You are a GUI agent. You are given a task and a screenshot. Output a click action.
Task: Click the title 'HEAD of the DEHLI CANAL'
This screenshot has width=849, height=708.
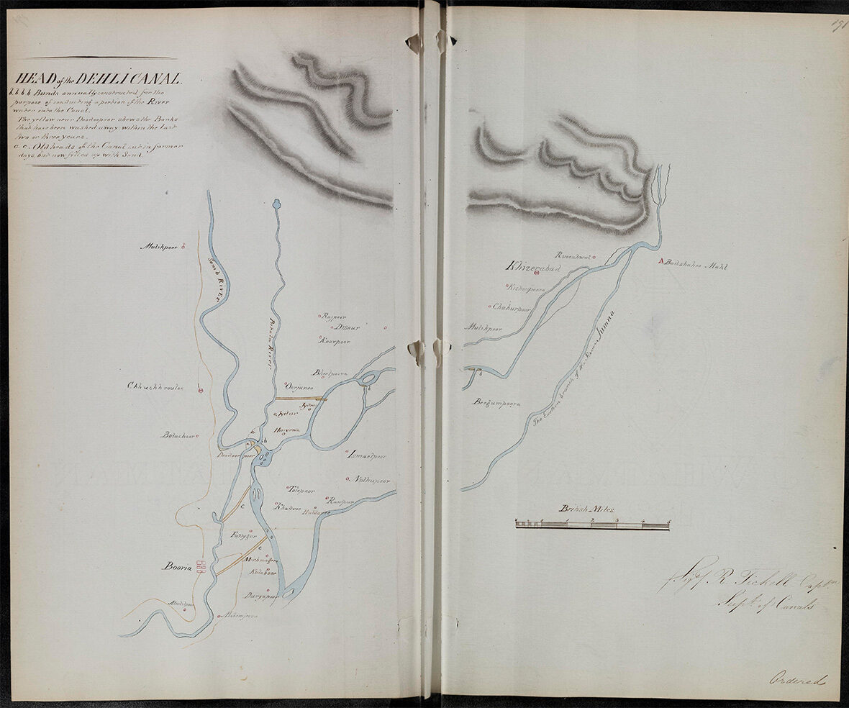coord(96,80)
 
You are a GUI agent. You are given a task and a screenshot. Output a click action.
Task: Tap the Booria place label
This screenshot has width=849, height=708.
coord(177,567)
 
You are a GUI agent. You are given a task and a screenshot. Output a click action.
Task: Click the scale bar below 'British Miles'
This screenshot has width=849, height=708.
coord(592,525)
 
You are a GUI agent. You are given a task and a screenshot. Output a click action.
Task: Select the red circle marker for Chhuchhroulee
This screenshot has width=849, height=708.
coord(201,391)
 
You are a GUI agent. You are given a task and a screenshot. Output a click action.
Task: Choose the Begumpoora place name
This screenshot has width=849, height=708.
coord(496,404)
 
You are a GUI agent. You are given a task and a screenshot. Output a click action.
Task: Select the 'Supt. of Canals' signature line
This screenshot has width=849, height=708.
coord(764,604)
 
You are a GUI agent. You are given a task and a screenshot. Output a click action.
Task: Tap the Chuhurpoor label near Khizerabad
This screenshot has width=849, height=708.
coord(511,307)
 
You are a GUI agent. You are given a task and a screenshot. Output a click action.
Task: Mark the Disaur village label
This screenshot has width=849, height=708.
coord(346,327)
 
